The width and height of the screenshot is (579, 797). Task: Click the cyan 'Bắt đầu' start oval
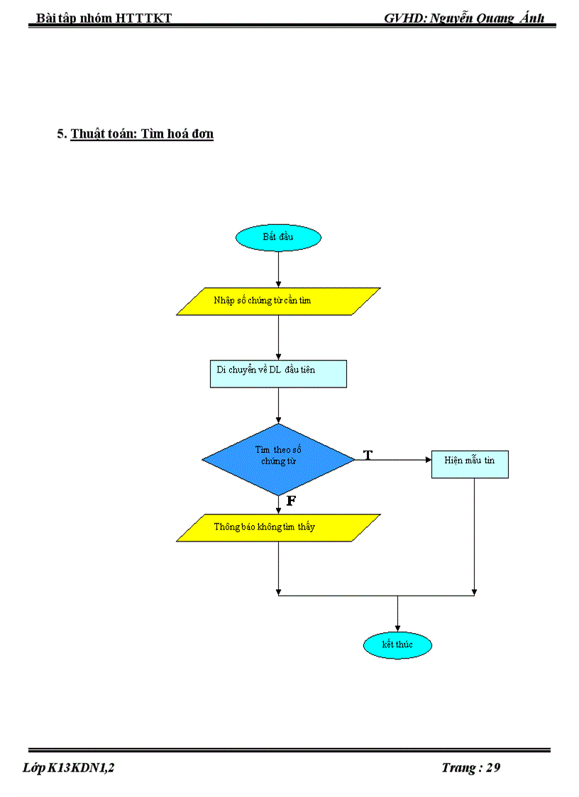[278, 237]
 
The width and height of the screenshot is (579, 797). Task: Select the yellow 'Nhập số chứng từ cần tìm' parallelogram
[278, 301]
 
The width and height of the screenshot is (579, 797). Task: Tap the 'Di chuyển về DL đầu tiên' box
[278, 373]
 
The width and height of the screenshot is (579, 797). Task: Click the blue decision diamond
[278, 460]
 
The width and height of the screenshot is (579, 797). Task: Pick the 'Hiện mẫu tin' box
[470, 461]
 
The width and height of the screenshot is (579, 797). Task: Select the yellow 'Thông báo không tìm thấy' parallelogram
[278, 527]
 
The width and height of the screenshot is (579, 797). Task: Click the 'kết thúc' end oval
[397, 644]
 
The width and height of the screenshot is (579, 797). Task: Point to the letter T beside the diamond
[368, 454]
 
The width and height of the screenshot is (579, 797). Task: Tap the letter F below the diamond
[291, 501]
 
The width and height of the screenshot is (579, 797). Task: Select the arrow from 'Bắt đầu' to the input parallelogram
[278, 269]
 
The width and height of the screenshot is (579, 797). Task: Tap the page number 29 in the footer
[493, 767]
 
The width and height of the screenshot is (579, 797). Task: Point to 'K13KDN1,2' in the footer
[82, 767]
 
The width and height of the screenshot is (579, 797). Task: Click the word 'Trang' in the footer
[458, 767]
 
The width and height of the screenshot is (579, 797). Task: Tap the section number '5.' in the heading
[62, 133]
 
